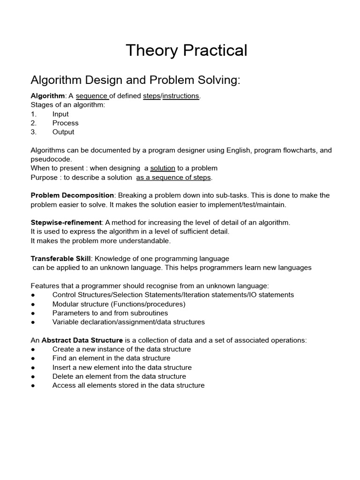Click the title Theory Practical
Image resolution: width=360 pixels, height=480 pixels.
(186, 50)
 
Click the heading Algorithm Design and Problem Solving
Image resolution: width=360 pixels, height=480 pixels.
(135, 80)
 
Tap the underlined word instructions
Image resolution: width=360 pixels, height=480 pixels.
(180, 96)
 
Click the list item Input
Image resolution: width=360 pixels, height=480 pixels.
(60, 114)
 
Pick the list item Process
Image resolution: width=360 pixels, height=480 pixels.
(65, 123)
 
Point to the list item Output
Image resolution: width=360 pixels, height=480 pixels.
(63, 132)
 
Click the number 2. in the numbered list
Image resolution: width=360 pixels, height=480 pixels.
(34, 123)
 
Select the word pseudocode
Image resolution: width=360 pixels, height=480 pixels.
(51, 159)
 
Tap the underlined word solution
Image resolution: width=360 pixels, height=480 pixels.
(163, 168)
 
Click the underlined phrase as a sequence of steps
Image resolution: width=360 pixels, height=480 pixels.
(174, 177)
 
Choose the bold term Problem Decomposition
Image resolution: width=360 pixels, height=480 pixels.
(72, 195)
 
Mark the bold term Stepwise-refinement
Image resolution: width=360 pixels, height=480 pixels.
(66, 222)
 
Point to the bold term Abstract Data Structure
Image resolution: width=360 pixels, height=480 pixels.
(82, 340)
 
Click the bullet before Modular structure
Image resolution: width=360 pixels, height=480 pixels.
(33, 304)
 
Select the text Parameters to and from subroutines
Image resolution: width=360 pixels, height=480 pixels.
(110, 313)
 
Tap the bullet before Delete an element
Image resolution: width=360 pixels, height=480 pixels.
(33, 376)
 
